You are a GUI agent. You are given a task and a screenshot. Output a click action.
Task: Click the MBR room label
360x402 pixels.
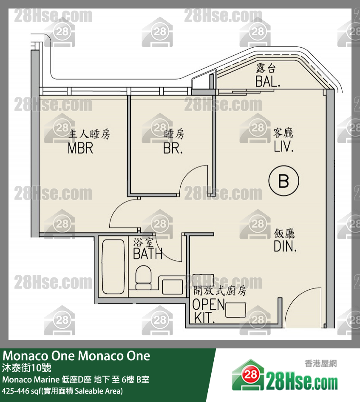pyautogui.click(x=80, y=148)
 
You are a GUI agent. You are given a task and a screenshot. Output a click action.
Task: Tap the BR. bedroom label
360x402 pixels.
pyautogui.click(x=173, y=148)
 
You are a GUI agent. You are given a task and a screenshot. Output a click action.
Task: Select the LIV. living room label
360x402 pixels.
pyautogui.click(x=284, y=147)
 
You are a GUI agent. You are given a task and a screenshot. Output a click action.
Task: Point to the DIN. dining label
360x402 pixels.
pyautogui.click(x=285, y=246)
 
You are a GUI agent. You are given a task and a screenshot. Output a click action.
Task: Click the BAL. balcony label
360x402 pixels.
pyautogui.click(x=268, y=82)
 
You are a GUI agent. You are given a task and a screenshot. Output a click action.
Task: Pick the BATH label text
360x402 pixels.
pyautogui.click(x=148, y=254)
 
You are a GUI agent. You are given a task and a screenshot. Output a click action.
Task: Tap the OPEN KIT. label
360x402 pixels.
pyautogui.click(x=208, y=310)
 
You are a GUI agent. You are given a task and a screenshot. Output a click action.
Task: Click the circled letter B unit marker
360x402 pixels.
pyautogui.click(x=284, y=181)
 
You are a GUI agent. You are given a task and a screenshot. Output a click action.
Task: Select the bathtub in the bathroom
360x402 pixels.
pyautogui.click(x=113, y=267)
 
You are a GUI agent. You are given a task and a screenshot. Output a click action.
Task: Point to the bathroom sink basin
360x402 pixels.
pyautogui.click(x=173, y=286)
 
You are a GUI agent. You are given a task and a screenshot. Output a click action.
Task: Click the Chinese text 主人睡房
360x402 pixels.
pyautogui.click(x=89, y=135)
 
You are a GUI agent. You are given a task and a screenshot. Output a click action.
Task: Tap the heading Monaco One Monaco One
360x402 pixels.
pyautogui.click(x=77, y=356)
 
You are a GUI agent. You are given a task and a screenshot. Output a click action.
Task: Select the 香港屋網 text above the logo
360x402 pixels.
pyautogui.click(x=321, y=364)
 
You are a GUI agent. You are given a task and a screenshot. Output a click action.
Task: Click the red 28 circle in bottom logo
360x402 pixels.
pyautogui.click(x=251, y=374)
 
